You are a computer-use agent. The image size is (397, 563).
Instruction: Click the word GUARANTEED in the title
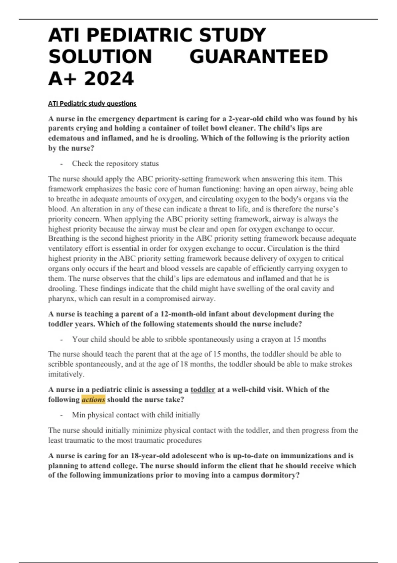click(x=258, y=57)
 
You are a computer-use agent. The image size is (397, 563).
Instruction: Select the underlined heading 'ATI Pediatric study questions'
click(x=92, y=104)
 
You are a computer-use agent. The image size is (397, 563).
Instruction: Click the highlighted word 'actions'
click(x=93, y=400)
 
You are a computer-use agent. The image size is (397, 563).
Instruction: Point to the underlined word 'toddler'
click(x=203, y=389)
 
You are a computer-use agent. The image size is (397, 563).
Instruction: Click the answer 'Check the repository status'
click(x=115, y=164)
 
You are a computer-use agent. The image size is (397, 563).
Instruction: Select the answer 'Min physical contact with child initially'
click(x=136, y=415)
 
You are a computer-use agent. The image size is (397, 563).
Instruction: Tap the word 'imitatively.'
click(x=66, y=374)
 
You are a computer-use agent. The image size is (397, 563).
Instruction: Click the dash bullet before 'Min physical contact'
click(x=62, y=415)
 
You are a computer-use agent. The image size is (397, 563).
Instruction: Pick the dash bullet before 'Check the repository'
click(x=62, y=164)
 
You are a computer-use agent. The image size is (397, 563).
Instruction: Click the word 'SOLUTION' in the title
click(x=100, y=57)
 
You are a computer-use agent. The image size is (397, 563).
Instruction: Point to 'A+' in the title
click(x=63, y=79)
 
